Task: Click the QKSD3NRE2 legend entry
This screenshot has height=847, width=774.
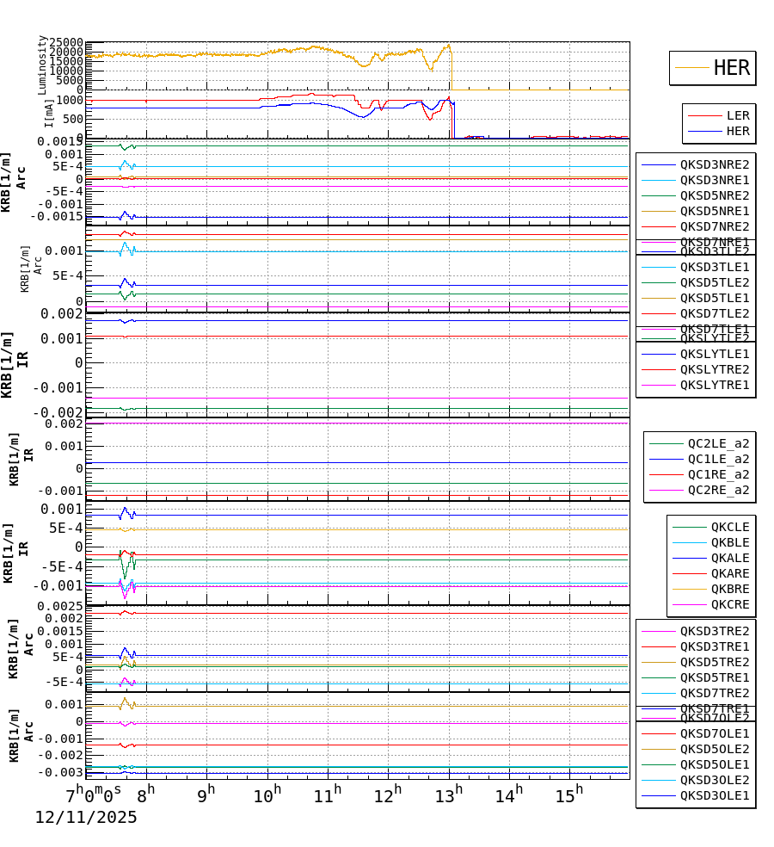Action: [714, 164]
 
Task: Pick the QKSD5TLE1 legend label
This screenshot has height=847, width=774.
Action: [714, 298]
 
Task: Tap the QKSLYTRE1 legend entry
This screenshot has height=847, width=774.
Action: [714, 385]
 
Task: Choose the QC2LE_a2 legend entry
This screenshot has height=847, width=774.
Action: [717, 443]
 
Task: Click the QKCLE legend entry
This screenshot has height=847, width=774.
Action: [729, 527]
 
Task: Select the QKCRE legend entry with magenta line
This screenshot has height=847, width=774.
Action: [729, 604]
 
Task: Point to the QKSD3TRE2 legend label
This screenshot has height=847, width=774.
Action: [714, 631]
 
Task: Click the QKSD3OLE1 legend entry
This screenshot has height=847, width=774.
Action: [714, 795]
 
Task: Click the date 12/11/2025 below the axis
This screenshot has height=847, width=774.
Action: [86, 818]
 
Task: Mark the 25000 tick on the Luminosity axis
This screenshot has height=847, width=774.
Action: [66, 43]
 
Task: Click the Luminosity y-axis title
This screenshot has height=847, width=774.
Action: [42, 65]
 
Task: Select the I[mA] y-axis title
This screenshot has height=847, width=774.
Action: [49, 112]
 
